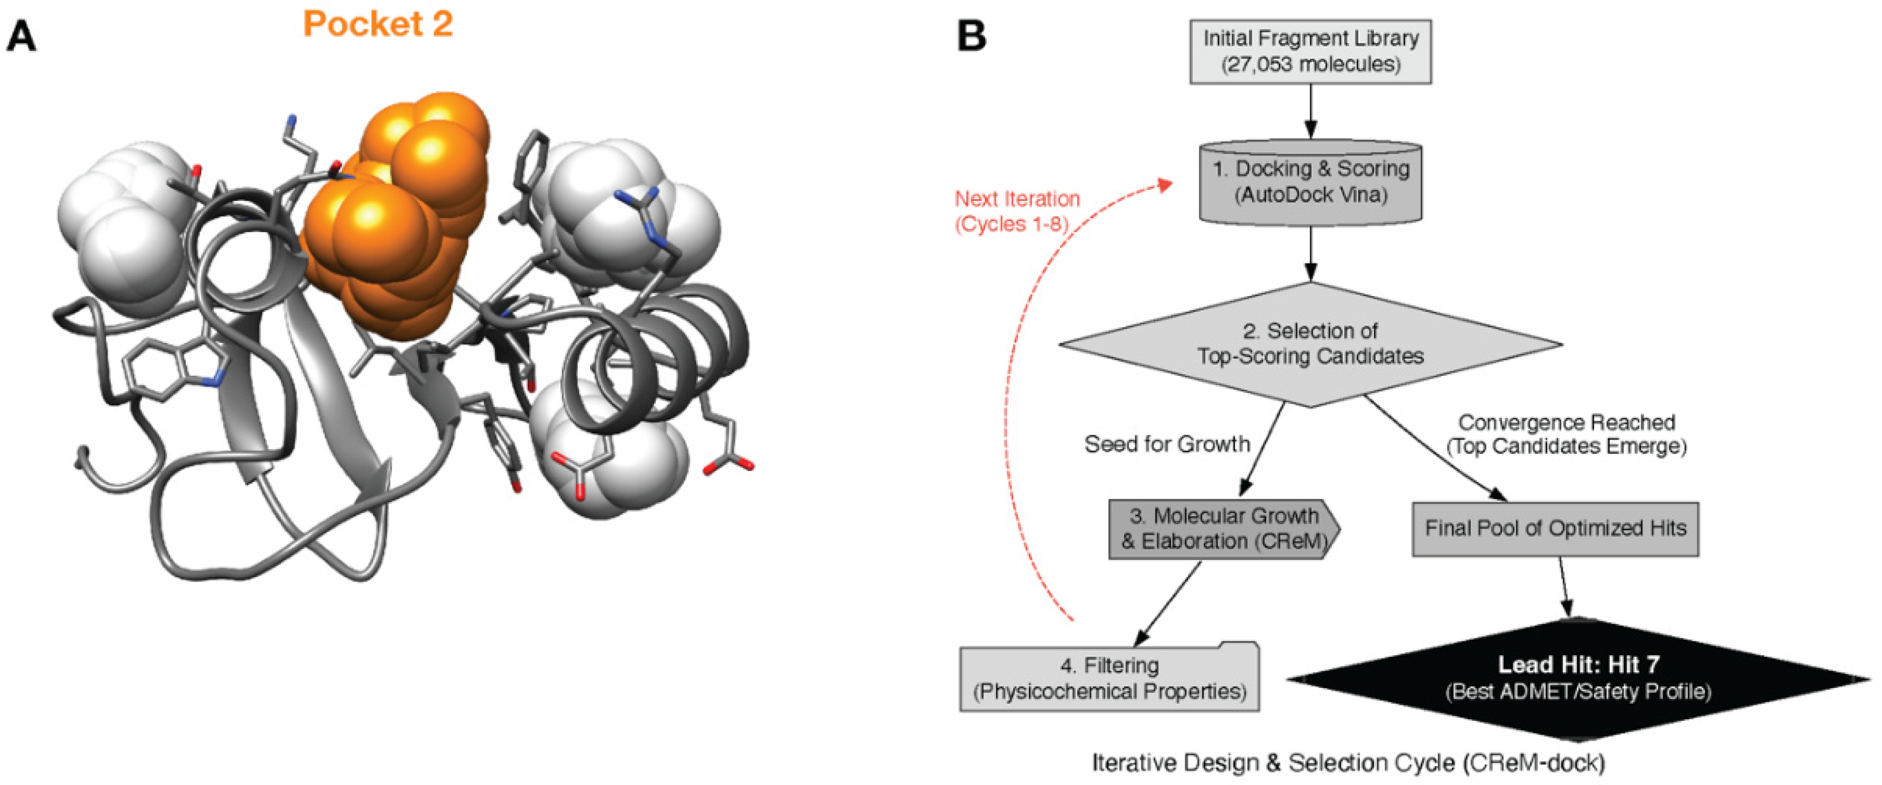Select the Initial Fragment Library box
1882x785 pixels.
(1310, 51)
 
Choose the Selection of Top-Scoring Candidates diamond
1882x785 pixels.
(1310, 344)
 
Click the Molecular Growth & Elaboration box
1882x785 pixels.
(1224, 529)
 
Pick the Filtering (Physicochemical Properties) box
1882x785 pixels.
(1109, 678)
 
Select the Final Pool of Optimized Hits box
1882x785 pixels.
(1555, 529)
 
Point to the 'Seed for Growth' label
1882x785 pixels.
(1167, 444)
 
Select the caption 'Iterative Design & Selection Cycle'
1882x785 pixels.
(1348, 762)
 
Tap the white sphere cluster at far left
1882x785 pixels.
(121, 227)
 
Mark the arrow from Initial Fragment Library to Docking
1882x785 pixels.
(1310, 111)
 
